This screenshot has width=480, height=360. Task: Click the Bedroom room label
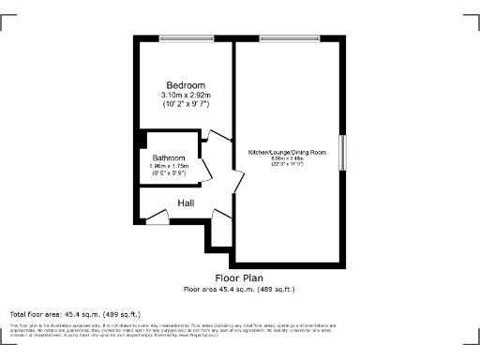tap(185, 84)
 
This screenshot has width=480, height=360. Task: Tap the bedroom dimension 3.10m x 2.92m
tap(186, 95)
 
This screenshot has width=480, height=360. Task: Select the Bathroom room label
tap(170, 157)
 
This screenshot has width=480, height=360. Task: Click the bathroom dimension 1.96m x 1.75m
tap(170, 166)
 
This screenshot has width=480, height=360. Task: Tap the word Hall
tap(186, 202)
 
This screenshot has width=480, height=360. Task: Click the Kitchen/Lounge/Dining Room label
tap(287, 152)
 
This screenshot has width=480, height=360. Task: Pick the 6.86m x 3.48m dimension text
tap(287, 158)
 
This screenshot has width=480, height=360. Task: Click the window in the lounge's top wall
tap(289, 38)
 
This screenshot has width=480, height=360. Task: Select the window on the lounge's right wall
tap(342, 153)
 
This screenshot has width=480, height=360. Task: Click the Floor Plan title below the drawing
tap(239, 278)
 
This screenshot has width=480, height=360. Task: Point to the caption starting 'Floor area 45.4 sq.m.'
tap(239, 289)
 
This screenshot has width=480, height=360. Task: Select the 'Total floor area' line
tap(75, 313)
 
